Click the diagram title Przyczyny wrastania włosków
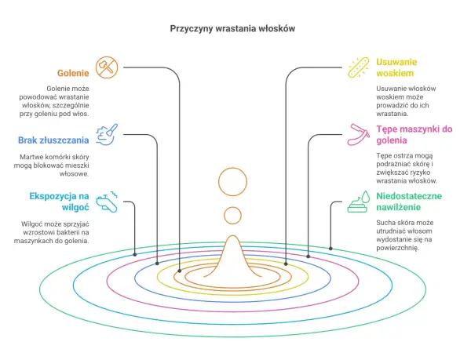[x=232, y=28]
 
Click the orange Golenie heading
[x=73, y=73]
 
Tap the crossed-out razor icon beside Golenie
[x=107, y=67]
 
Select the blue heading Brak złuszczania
[x=53, y=140]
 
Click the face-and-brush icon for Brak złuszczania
[x=107, y=134]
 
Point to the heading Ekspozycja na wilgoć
[x=59, y=202]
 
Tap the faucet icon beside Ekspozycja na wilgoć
[x=107, y=202]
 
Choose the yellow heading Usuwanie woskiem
[x=396, y=67]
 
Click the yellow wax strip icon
[x=359, y=67]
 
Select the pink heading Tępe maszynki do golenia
[x=414, y=135]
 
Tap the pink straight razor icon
[x=359, y=134]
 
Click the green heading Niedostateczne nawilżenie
[x=409, y=202]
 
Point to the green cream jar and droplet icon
[x=359, y=202]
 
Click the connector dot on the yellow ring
[x=286, y=264]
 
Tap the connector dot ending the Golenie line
[x=180, y=271]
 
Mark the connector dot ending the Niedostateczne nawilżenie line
[x=330, y=249]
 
